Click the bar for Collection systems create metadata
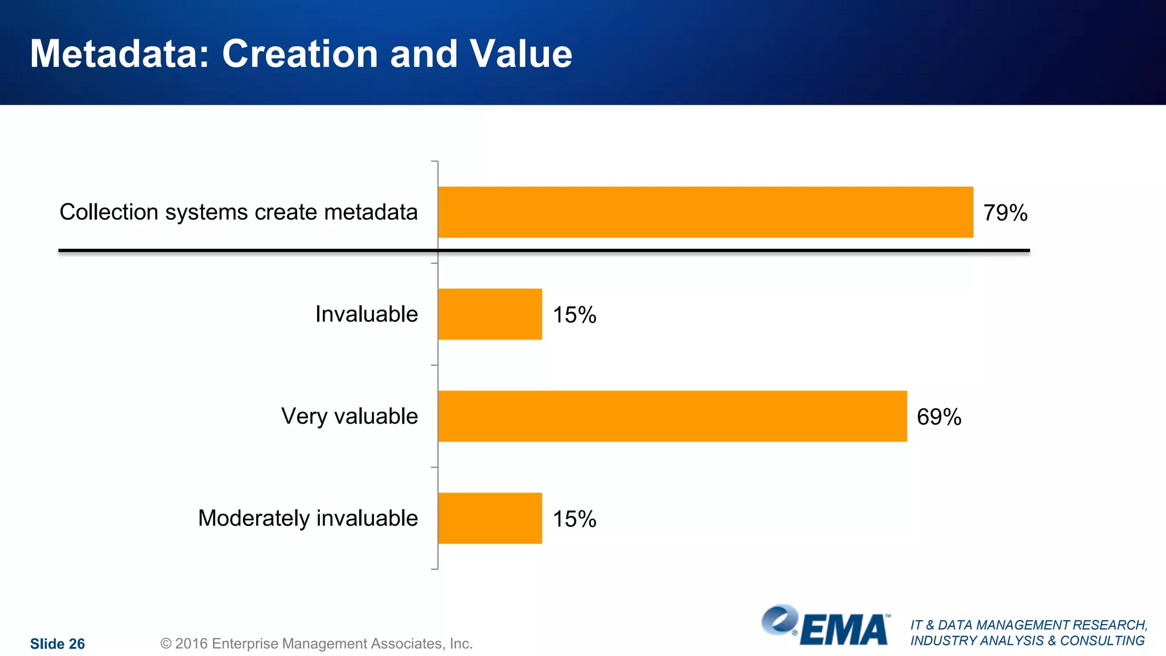click(x=705, y=212)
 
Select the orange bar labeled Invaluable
click(x=490, y=314)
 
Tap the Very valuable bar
click(x=672, y=416)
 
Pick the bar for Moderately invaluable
click(x=490, y=518)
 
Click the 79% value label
click(x=1005, y=213)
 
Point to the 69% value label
click(x=939, y=417)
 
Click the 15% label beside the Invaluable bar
click(x=574, y=315)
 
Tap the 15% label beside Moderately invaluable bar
click(x=574, y=519)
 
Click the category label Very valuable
click(x=349, y=416)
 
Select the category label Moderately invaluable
click(x=307, y=518)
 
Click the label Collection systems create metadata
click(x=239, y=212)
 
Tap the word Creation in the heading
click(x=299, y=54)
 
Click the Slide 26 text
click(x=57, y=644)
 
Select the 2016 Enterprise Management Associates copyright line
click(x=317, y=643)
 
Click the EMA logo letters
click(x=844, y=630)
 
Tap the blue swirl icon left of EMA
click(x=779, y=620)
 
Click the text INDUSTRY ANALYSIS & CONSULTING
click(x=1027, y=641)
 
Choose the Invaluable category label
click(x=366, y=314)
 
